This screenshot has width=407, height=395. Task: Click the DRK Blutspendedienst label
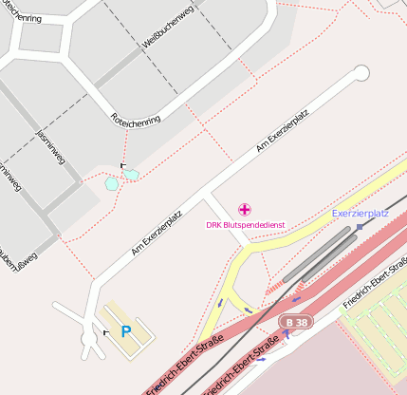point(246,225)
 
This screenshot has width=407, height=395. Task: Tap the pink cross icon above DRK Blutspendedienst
point(245,209)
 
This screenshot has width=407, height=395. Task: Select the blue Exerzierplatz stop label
point(361,214)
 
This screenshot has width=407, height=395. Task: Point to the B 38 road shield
point(295,324)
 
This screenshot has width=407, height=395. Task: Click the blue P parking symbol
point(125,331)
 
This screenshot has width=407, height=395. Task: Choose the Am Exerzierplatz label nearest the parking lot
point(157,234)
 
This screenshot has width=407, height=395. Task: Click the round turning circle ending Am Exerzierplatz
point(361,73)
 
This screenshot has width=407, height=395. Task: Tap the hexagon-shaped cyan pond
point(112,182)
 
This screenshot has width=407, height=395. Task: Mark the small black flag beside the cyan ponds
point(123,166)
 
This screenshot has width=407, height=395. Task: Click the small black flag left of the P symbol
point(105,333)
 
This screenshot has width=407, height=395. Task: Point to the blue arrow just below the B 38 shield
point(287,334)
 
